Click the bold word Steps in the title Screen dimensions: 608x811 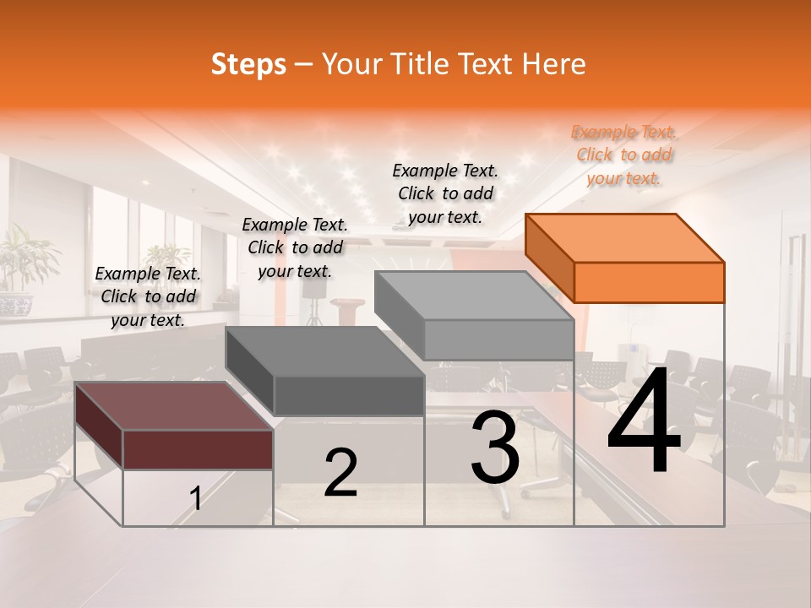(x=248, y=64)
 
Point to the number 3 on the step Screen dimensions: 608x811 (x=495, y=448)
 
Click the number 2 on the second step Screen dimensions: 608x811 (x=340, y=473)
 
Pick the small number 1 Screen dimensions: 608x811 (x=195, y=499)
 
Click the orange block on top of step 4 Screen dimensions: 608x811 (x=625, y=258)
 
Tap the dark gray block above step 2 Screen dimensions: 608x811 (x=325, y=371)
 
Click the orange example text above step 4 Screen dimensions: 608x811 (x=624, y=155)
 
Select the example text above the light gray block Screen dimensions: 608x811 (x=445, y=193)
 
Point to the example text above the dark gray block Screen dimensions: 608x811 (x=295, y=247)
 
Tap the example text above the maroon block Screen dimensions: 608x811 (x=148, y=296)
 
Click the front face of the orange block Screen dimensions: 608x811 (x=649, y=282)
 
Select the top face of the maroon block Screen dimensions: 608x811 (x=165, y=406)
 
